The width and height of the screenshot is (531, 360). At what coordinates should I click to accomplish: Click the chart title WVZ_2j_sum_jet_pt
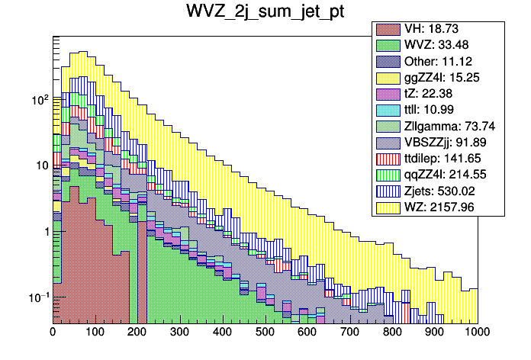pyautogui.click(x=265, y=13)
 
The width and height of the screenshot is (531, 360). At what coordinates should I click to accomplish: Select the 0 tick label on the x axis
pyautogui.click(x=53, y=333)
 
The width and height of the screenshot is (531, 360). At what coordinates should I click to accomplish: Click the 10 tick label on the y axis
pyautogui.click(x=40, y=166)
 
